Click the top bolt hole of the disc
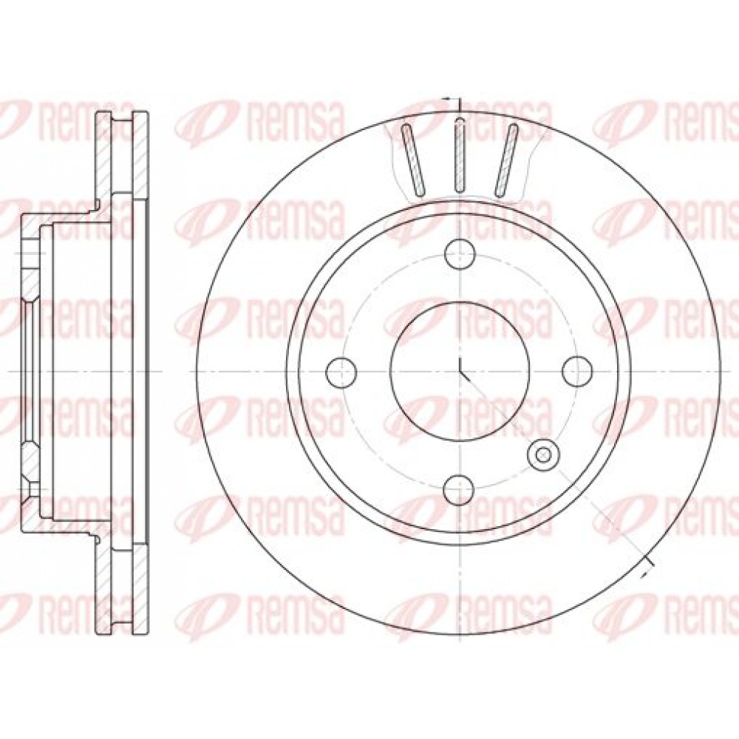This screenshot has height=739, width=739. (460, 253)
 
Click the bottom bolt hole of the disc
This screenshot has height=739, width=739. (460, 489)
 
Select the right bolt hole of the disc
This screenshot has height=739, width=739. (577, 372)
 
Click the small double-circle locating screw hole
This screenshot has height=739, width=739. (544, 454)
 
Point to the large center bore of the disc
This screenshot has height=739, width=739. (460, 372)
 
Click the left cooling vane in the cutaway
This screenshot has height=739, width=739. (413, 159)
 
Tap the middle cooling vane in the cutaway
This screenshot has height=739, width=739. (460, 155)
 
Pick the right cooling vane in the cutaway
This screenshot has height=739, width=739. (506, 159)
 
